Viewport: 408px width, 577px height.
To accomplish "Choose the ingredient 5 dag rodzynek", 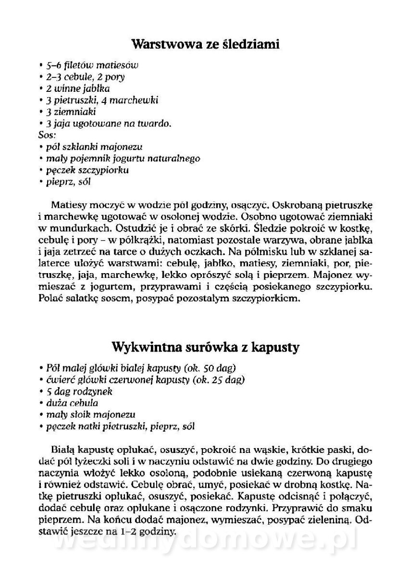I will (x=76, y=391).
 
